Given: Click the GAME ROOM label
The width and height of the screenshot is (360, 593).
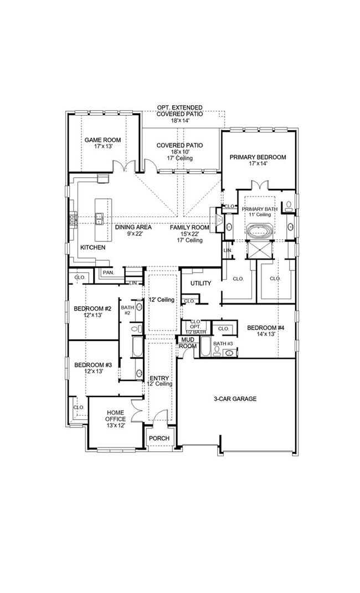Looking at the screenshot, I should coord(102,140).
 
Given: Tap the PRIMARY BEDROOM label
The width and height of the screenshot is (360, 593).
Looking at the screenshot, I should coord(258,157).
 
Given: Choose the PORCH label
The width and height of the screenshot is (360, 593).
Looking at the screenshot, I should coord(159,438).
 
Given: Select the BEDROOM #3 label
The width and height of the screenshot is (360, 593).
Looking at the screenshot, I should coord(93,365).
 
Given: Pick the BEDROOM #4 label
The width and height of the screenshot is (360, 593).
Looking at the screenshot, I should coord(265,327).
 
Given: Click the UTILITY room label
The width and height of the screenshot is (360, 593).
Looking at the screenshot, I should coord(200,283).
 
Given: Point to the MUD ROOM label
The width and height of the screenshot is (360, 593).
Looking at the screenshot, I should coord(188,343).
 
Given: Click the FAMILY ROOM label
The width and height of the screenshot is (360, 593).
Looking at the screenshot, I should coord(189,227).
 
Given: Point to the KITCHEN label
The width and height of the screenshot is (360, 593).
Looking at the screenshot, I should coord(92,247).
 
